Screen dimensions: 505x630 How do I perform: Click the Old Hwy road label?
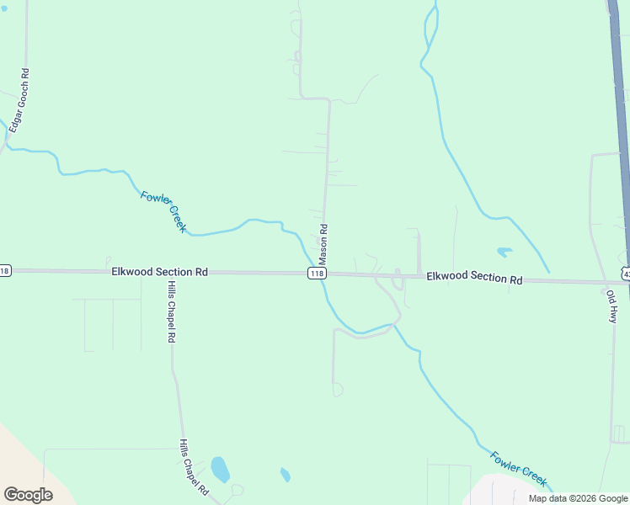612,306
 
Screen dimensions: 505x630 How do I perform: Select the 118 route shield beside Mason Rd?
317,274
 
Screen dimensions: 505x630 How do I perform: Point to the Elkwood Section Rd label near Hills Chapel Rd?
159,272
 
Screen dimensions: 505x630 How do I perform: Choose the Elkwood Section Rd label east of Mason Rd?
474,278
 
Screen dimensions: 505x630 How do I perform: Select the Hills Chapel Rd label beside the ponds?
194,467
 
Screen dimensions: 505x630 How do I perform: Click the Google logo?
28,495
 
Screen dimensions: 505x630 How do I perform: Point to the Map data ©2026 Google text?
578,498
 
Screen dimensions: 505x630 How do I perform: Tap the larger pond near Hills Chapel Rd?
220,469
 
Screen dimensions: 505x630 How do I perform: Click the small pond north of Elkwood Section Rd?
505,251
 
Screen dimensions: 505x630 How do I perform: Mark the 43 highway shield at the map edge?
625,272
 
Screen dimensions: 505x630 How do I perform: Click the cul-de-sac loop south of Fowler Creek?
338,390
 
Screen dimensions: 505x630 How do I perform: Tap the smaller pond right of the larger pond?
285,476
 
